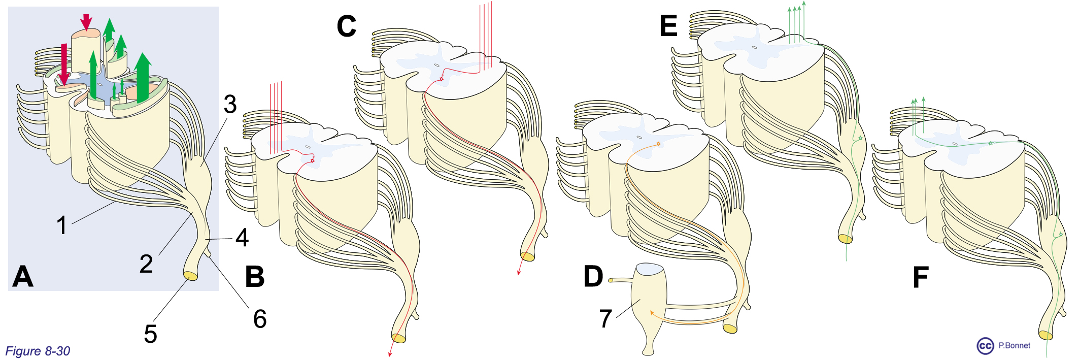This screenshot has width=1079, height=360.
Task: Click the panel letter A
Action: tap(23, 277)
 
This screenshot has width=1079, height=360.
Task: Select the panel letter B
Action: tap(255, 277)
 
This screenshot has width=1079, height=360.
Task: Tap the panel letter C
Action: tap(347, 26)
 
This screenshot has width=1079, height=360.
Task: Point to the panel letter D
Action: tap(593, 277)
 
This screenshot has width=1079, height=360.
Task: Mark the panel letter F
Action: tap(921, 277)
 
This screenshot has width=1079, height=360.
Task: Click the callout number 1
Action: tap(61, 225)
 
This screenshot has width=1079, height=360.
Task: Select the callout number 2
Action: tap(146, 264)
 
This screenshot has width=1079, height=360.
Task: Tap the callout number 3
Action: tap(230, 105)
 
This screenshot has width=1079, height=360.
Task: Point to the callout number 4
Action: tap(242, 238)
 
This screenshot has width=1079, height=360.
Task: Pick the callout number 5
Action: tap(150, 334)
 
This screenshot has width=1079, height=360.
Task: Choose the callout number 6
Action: tap(260, 319)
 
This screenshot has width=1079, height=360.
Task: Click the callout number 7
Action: tap(605, 319)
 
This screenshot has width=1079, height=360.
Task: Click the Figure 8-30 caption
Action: tap(38, 351)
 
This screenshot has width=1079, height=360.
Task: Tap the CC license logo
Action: tap(985, 346)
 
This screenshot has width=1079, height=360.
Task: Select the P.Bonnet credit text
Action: tap(1014, 345)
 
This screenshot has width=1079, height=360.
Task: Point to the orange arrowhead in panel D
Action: tap(652, 312)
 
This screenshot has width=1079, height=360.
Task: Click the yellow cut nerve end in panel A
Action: tap(191, 276)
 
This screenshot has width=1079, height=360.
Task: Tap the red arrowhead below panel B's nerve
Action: tap(390, 354)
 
